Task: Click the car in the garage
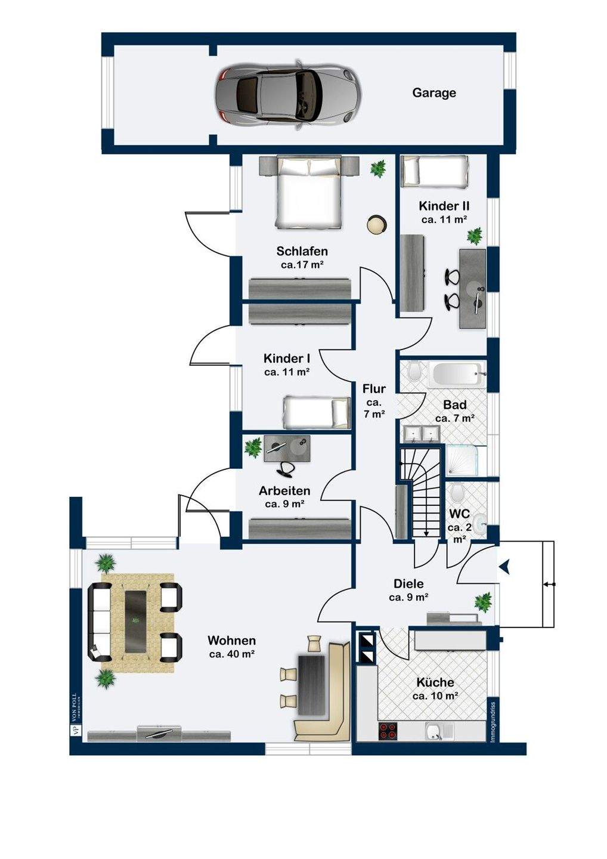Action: tap(287, 92)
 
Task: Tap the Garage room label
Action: tap(434, 92)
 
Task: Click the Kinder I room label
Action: tap(286, 359)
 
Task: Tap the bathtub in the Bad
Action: tap(457, 374)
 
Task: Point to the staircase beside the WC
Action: tap(421, 492)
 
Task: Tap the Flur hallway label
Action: tap(374, 389)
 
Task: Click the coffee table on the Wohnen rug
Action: tap(137, 622)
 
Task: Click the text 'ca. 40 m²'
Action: tap(232, 654)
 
